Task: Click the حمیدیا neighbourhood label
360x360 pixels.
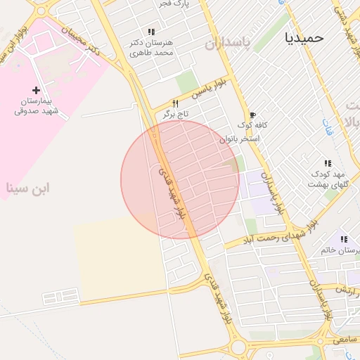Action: tap(304, 37)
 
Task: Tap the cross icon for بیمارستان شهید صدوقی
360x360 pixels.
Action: tap(37, 90)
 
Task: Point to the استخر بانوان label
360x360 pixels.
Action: tap(240, 139)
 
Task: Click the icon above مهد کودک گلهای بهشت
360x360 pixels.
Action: tap(327, 163)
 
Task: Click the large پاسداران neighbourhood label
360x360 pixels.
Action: tap(228, 44)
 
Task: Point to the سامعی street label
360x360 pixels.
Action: tap(345, 339)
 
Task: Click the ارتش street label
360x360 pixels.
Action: tap(345, 290)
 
